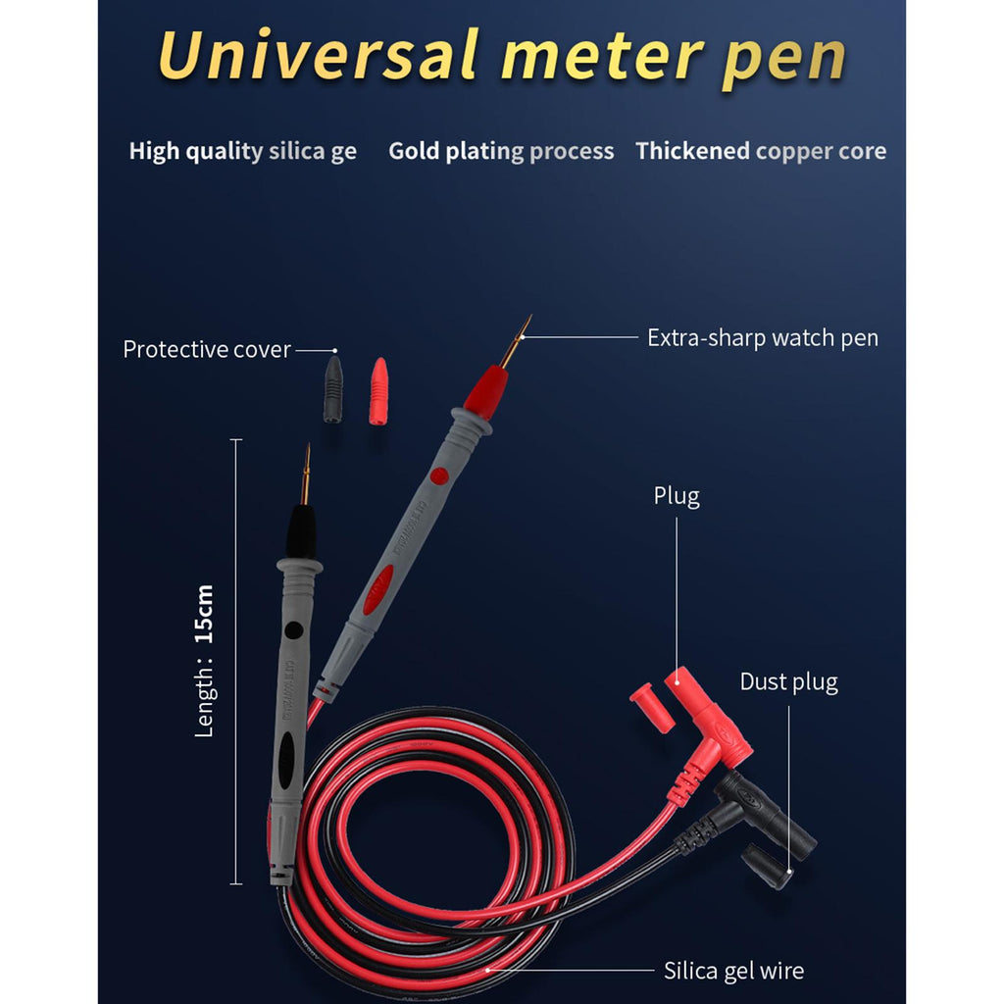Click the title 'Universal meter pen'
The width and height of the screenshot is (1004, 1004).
(x=501, y=56)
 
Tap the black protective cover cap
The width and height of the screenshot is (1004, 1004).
(x=333, y=389)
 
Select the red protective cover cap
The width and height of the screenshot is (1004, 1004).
(x=378, y=390)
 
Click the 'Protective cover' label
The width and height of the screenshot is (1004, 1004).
(x=207, y=350)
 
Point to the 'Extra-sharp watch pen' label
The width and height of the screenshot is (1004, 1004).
(x=763, y=338)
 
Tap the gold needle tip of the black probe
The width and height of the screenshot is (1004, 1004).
(x=306, y=475)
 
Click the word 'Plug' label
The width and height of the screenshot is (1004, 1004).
(x=677, y=496)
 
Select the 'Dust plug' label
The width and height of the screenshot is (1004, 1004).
(x=788, y=681)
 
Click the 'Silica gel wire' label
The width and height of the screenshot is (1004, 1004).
(x=733, y=971)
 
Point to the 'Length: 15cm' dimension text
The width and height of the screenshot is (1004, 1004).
(x=204, y=661)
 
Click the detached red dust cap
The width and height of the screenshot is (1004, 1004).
(x=651, y=708)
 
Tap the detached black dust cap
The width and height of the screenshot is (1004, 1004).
(x=767, y=866)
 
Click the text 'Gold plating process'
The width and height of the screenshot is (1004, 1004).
(x=501, y=151)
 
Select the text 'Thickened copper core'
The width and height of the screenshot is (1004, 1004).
(x=761, y=151)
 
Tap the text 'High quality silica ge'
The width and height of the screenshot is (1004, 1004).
(x=243, y=151)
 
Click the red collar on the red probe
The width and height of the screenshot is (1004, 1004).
(x=483, y=389)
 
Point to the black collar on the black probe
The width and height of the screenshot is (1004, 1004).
(x=301, y=533)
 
